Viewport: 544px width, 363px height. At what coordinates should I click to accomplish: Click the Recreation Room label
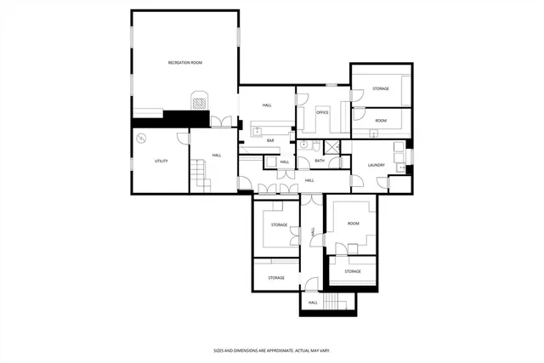pos(184,63)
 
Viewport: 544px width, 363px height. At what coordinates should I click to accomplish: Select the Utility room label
pos(161,161)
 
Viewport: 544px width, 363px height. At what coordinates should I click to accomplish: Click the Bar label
pos(270,140)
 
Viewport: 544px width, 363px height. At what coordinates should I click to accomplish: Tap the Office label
pos(322,112)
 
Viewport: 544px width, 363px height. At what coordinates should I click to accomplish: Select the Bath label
pos(320,161)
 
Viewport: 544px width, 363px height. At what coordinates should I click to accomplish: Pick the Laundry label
pos(377,165)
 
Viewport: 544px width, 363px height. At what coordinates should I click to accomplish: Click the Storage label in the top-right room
pos(380,88)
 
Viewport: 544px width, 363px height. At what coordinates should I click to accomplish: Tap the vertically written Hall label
pos(313,232)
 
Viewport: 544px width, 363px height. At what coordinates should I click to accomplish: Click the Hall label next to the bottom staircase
pos(313,302)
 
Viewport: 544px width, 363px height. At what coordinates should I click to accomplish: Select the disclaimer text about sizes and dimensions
pos(271,350)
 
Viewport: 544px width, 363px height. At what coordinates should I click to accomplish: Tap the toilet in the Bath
pos(314,145)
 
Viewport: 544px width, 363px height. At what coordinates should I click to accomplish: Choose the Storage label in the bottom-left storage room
pos(276,278)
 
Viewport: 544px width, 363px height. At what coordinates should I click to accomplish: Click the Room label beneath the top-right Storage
pos(380,121)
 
